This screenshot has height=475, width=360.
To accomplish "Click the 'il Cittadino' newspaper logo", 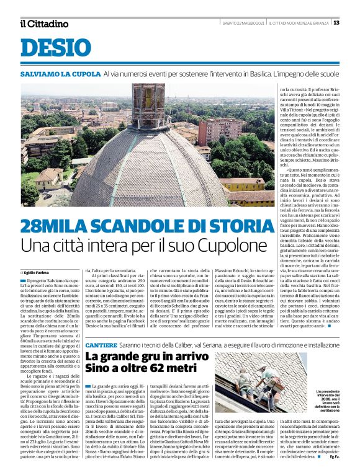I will [43, 24].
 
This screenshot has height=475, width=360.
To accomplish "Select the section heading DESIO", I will [52, 47].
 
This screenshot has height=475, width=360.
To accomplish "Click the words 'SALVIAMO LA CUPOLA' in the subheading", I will [60, 74].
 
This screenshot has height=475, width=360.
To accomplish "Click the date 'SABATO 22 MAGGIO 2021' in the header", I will [244, 23].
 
